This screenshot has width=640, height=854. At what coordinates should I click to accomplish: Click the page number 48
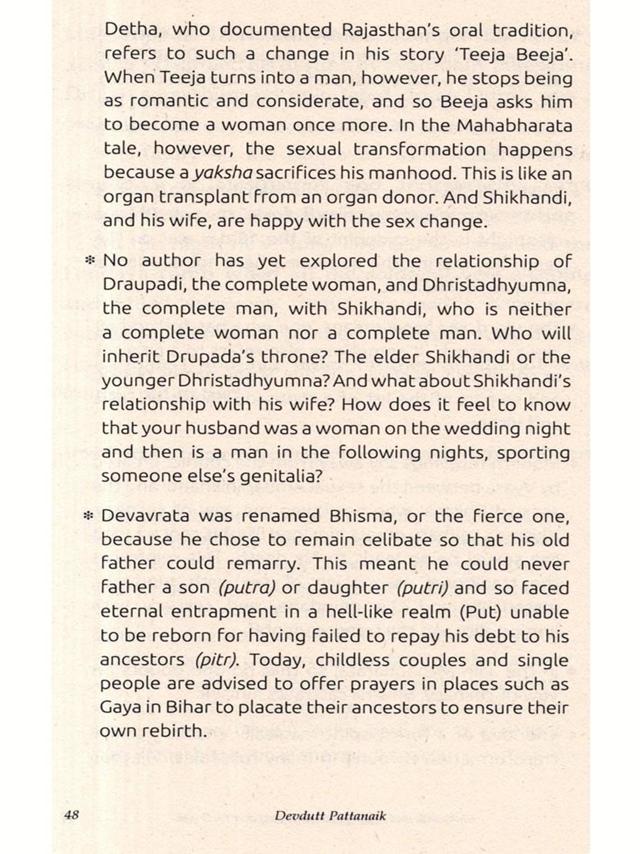71,815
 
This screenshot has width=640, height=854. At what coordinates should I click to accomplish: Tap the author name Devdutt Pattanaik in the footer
330,816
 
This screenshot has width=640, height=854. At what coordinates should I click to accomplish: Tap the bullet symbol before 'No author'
90,260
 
